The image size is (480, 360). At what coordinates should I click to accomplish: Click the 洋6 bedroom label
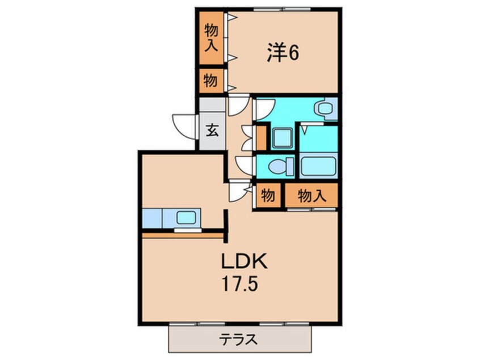pyautogui.click(x=283, y=53)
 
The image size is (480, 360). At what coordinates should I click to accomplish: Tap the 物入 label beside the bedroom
pyautogui.click(x=210, y=38)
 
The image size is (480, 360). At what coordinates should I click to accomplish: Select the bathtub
pyautogui.click(x=318, y=168)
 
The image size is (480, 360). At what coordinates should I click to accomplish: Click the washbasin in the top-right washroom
pyautogui.click(x=326, y=108)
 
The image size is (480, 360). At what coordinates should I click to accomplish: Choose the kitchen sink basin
pyautogui.click(x=187, y=217)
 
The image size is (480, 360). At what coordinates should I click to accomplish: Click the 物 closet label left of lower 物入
pyautogui.click(x=268, y=196)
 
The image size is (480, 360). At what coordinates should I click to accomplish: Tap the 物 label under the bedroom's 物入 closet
pyautogui.click(x=210, y=81)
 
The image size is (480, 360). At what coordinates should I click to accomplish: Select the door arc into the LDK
pyautogui.click(x=239, y=191)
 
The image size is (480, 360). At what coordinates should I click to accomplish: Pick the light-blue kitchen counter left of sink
pyautogui.click(x=152, y=217)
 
